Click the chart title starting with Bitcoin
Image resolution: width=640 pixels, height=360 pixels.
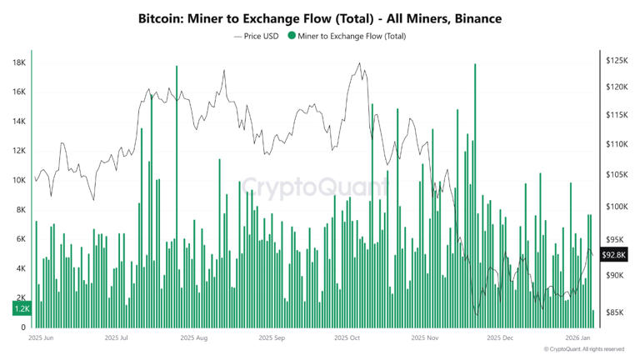coord(320,17)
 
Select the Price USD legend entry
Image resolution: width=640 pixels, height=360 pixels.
coord(256,36)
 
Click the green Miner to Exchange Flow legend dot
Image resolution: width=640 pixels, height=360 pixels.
coord(291,36)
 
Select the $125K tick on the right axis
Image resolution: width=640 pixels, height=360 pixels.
coord(616,61)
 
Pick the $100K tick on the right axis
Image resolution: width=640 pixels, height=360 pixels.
coord(616,207)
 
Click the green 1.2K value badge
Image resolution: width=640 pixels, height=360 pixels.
coord(22,308)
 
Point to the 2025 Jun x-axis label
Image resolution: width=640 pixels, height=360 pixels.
coord(41,338)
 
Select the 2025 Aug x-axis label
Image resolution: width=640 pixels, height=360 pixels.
coord(195,338)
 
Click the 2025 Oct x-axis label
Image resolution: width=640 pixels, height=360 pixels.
coord(346,338)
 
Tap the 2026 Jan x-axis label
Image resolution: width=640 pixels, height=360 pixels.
coord(577,338)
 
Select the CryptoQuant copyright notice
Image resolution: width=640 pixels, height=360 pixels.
coord(583,349)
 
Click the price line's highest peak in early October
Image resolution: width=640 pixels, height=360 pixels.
coord(359,63)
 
